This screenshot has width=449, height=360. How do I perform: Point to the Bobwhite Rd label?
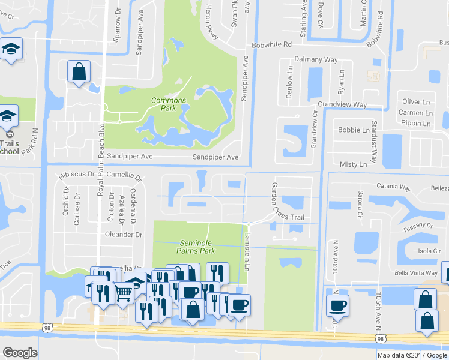pos(271,44)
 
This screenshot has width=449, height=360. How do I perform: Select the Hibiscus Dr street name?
pos(77,175)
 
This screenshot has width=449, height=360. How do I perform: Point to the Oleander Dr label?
pos(123,235)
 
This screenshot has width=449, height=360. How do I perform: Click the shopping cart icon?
pos(124,292)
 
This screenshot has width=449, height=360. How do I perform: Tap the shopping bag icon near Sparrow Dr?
pos(79,71)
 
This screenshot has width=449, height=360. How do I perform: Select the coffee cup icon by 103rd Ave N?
pos(338,305)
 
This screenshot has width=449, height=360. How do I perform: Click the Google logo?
pos(19,353)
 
